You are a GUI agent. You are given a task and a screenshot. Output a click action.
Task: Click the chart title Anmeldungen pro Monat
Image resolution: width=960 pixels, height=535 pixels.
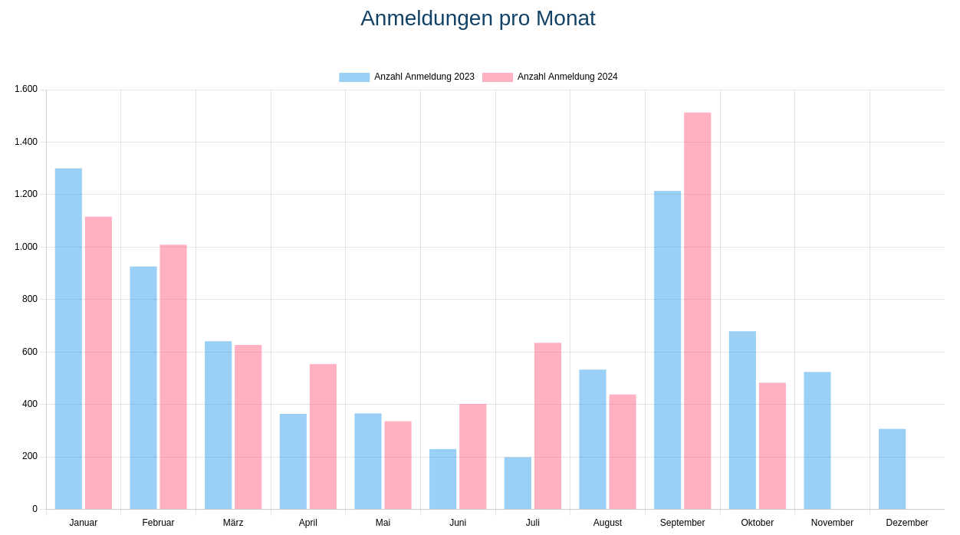pyautogui.click(x=478, y=18)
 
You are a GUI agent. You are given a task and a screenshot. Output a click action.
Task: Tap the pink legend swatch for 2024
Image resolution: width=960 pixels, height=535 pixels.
pyautogui.click(x=497, y=77)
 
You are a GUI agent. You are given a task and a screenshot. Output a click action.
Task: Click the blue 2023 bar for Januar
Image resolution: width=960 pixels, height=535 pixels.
pyautogui.click(x=68, y=339)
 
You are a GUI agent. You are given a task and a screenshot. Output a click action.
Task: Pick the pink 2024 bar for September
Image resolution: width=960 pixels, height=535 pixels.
pyautogui.click(x=697, y=310)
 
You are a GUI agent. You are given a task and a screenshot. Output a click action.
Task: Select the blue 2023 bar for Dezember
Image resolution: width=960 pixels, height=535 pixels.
pyautogui.click(x=892, y=469)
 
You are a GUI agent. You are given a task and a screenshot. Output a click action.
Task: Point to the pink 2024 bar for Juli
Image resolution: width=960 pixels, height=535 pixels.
pyautogui.click(x=547, y=425)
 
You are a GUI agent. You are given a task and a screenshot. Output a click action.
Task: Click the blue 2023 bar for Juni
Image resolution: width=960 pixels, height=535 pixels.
pyautogui.click(x=442, y=479)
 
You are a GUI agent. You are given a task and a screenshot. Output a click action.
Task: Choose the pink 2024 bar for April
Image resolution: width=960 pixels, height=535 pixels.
pyautogui.click(x=323, y=436)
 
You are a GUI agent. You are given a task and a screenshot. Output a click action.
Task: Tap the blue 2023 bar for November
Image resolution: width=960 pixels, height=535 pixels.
pyautogui.click(x=817, y=441)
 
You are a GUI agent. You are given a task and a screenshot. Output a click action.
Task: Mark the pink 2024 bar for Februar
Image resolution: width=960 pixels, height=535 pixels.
pyautogui.click(x=173, y=376)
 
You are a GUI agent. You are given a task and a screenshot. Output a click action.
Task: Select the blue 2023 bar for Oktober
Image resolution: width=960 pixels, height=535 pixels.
pyautogui.click(x=742, y=420)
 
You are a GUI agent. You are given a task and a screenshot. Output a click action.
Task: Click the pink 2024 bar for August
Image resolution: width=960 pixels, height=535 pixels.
pyautogui.click(x=623, y=451)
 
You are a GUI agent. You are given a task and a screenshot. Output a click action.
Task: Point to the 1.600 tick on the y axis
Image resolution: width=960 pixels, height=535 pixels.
pyautogui.click(x=26, y=89)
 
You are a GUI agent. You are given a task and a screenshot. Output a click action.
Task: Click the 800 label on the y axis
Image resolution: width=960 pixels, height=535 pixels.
pyautogui.click(x=30, y=299)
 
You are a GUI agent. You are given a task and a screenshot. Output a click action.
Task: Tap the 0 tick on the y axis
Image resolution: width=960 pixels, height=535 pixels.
pyautogui.click(x=35, y=509)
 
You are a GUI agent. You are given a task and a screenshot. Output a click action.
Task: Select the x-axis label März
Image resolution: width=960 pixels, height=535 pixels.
pyautogui.click(x=233, y=523)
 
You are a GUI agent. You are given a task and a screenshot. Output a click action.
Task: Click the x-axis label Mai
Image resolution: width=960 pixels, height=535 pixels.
pyautogui.click(x=383, y=523)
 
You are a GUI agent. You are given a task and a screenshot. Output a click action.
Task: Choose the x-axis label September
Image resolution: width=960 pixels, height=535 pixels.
pyautogui.click(x=682, y=523)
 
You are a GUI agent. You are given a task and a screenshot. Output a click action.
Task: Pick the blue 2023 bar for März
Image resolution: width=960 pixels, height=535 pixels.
pyautogui.click(x=218, y=425)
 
